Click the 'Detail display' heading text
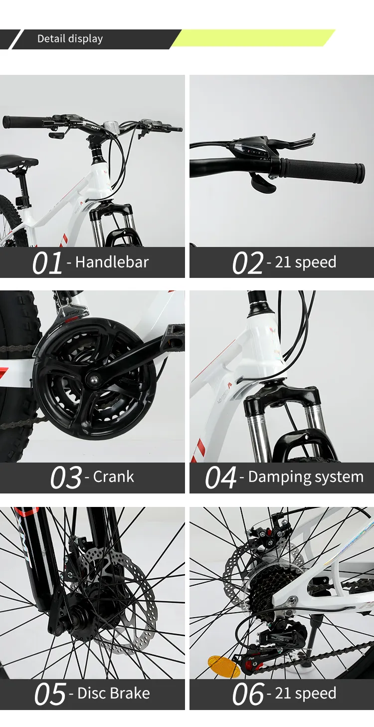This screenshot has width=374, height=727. [x=70, y=39]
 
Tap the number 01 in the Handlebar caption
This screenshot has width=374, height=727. [x=47, y=263]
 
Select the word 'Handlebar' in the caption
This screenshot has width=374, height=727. [x=112, y=262]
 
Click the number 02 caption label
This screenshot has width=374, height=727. [x=247, y=263]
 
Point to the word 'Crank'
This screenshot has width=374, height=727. [x=113, y=477]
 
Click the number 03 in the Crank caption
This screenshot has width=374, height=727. [x=65, y=478]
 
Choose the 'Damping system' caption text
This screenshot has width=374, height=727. [x=305, y=477]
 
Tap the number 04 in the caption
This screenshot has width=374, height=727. [x=220, y=478]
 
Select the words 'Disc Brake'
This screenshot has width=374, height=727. [x=113, y=693]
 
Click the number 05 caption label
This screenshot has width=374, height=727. [x=50, y=694]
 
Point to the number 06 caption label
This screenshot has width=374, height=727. [x=248, y=694]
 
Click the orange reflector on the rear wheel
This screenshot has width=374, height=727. [x=223, y=667]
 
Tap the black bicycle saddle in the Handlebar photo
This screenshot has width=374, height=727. [x=18, y=161]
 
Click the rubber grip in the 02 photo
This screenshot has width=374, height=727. [x=322, y=171]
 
